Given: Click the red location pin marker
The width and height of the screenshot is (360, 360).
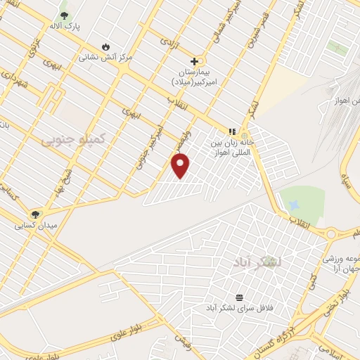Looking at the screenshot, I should [181, 165].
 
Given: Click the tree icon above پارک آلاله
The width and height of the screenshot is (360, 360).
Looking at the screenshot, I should [65, 15].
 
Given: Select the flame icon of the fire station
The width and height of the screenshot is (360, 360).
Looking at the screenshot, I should [105, 46].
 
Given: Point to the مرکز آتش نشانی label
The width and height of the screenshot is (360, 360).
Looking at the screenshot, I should [105, 56].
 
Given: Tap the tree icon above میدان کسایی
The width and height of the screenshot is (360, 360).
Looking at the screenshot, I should [34, 214].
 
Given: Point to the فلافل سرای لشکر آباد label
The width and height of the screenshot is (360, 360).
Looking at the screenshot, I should [239, 309].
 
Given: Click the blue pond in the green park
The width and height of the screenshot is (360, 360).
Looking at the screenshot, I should [293, 205].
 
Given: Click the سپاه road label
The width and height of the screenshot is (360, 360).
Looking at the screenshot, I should [346, 173].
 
